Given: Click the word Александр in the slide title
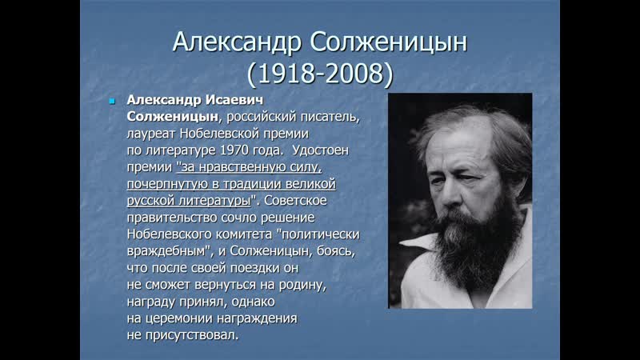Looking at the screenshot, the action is click(x=237, y=42).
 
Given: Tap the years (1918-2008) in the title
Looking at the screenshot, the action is click(x=320, y=74).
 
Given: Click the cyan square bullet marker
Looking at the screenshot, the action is click(x=112, y=101).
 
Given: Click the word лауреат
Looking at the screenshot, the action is click(x=151, y=134).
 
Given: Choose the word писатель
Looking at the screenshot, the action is click(x=330, y=117).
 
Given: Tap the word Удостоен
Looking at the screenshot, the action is click(x=321, y=150).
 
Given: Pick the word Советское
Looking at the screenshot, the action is click(x=295, y=201).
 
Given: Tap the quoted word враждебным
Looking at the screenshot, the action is click(x=170, y=251).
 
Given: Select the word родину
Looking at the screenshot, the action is click(x=302, y=285).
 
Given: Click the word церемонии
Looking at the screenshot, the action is click(x=174, y=318).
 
